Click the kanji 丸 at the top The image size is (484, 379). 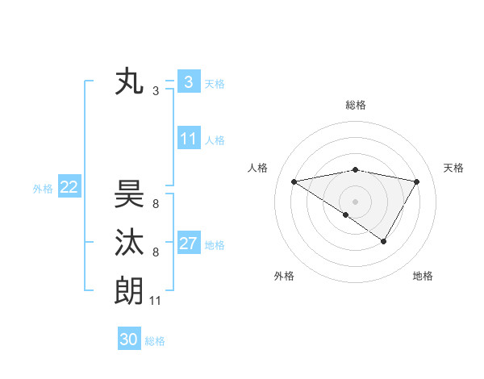click(x=129, y=82)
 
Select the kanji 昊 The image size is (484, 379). click(x=129, y=194)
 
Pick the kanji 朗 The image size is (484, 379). click(x=129, y=290)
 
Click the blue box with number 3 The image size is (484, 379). click(x=188, y=81)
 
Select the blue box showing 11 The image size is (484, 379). click(x=188, y=139)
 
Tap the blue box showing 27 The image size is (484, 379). click(x=188, y=244)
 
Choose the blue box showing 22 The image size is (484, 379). click(x=69, y=187)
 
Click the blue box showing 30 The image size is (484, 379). click(x=129, y=339)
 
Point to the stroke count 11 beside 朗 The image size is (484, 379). click(x=156, y=301)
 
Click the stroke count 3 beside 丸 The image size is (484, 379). click(x=156, y=91)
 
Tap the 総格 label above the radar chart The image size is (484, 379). click(x=356, y=105)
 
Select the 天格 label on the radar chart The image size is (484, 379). click(x=454, y=168)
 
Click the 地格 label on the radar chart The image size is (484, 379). click(x=423, y=276)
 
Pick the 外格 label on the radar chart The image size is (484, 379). click(x=284, y=276)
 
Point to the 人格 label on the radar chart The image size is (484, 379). click(x=257, y=168)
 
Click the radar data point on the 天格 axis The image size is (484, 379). click(x=417, y=181)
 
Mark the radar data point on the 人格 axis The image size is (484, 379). click(x=294, y=181)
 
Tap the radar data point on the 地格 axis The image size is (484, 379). click(x=384, y=241)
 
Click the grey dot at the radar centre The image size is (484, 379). click(x=355, y=201)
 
